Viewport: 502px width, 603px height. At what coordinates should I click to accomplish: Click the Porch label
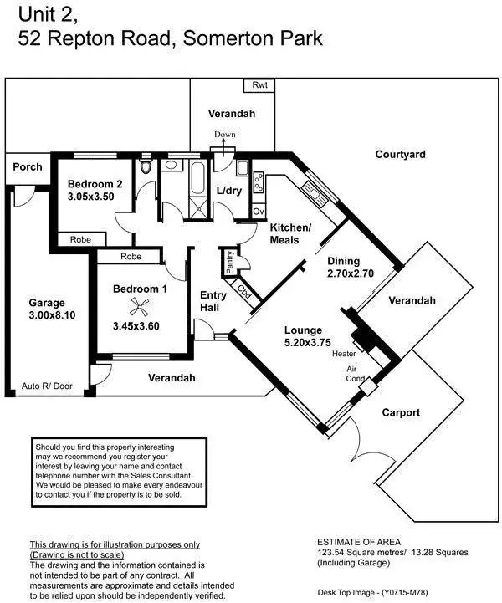[27, 166]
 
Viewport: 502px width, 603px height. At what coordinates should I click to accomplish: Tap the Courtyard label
[400, 155]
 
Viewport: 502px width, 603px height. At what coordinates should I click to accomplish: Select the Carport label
[401, 413]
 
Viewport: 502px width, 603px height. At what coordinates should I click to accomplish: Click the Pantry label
[229, 262]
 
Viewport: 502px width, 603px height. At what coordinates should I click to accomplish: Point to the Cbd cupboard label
[244, 292]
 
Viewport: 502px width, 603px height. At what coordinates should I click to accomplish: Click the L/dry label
[228, 192]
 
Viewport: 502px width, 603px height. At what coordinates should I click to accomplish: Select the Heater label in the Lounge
[344, 354]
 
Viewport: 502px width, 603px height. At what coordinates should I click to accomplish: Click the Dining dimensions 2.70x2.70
[349, 273]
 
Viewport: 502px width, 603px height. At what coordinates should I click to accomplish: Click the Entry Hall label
[213, 301]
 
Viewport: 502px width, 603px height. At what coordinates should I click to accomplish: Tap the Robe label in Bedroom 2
[80, 239]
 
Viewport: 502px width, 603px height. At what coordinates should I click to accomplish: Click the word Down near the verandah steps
[225, 135]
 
